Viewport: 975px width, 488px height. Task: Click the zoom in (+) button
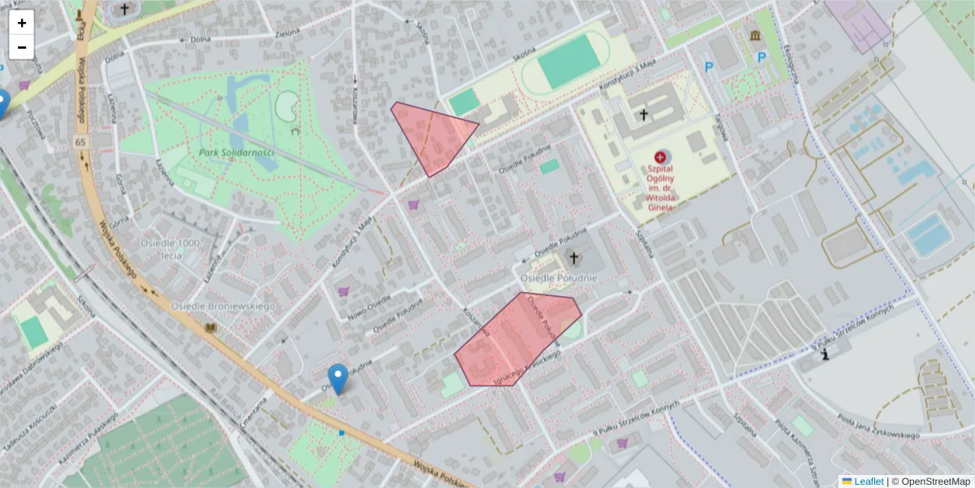[22, 23]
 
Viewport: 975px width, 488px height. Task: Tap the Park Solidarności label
[236, 152]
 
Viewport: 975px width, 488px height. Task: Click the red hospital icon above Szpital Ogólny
[659, 155]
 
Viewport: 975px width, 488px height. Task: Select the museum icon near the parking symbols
[756, 37]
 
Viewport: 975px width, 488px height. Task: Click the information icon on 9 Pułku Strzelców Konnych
[826, 354]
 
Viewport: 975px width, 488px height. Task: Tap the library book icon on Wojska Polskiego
[211, 328]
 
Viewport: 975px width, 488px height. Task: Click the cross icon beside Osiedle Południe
[574, 259]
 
